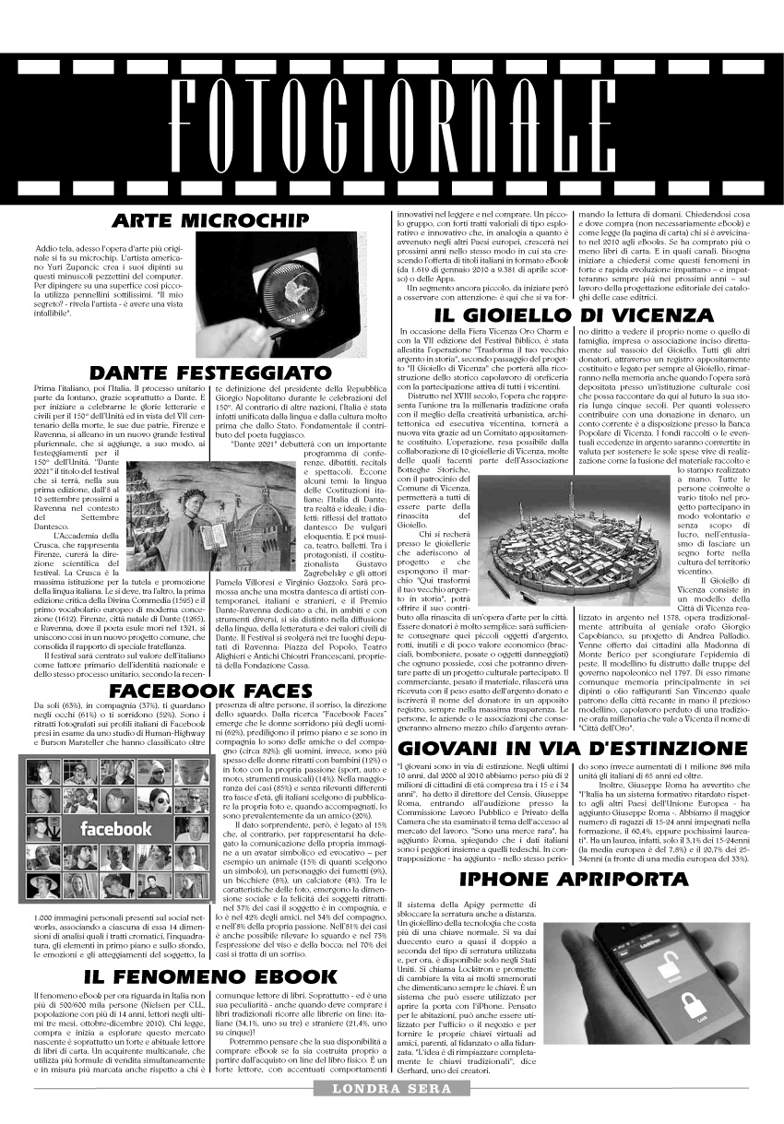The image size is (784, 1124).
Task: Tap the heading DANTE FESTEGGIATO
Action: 209,373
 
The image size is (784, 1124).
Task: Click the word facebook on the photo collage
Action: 116,829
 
